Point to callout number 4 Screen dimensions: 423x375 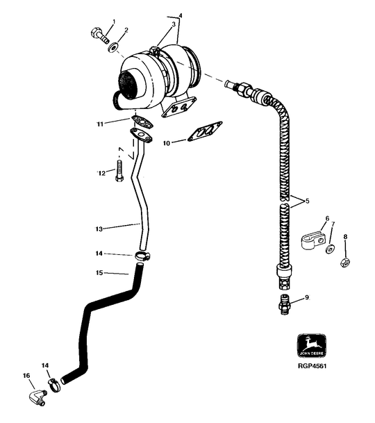pos(181,15)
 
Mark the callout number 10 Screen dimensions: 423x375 pos(167,143)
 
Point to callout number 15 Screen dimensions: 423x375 pos(99,273)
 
